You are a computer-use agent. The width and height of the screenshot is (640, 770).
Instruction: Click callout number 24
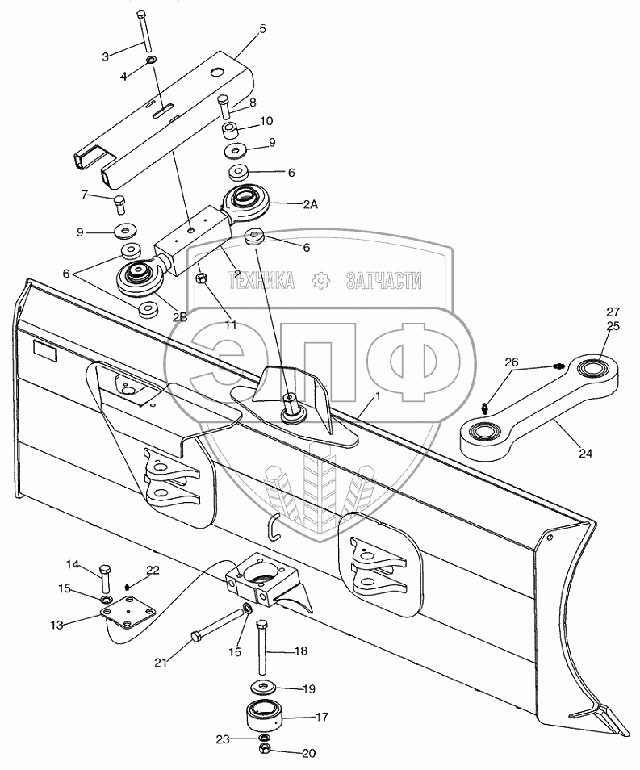click(x=585, y=454)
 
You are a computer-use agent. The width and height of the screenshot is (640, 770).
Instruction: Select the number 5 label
click(x=261, y=29)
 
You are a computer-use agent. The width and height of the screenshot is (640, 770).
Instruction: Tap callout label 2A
click(x=310, y=206)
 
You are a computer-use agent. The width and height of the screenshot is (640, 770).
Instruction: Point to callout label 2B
click(x=180, y=317)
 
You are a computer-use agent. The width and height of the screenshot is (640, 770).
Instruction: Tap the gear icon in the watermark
click(x=321, y=280)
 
